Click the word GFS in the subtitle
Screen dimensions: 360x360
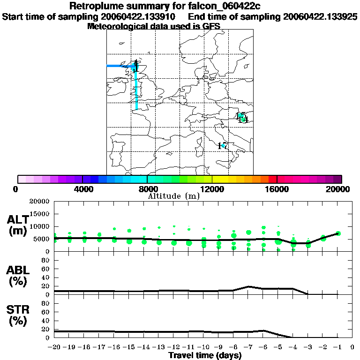click(204, 26)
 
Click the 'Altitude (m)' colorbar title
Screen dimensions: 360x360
click(173, 196)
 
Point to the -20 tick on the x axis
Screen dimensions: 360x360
click(55, 347)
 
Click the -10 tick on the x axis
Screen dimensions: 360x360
click(204, 347)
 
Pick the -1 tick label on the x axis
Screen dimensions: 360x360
click(338, 347)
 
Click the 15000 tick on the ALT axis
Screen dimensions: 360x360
click(40, 214)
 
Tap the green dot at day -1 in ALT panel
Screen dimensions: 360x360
click(338, 233)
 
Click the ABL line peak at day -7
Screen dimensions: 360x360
click(249, 286)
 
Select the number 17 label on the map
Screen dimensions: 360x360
click(222, 146)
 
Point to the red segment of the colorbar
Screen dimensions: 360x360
click(272, 179)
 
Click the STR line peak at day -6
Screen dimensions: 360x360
click(264, 330)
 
